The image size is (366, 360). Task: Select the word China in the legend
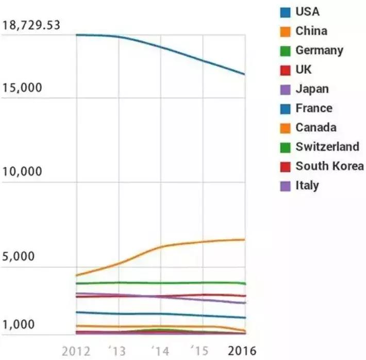[x=311, y=31]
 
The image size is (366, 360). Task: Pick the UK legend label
[x=304, y=70]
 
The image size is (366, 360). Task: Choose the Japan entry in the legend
[x=311, y=89]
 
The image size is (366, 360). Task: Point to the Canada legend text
[x=315, y=127]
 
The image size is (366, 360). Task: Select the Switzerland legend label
[x=327, y=146]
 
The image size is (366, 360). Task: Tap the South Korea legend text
[x=329, y=166]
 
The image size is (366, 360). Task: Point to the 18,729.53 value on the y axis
[x=31, y=26]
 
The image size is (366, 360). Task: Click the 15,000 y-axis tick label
[x=22, y=88]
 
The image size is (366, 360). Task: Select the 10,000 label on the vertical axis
[x=22, y=172]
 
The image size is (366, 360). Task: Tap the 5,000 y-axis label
[x=19, y=256]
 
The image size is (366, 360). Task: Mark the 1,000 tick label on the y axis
[x=19, y=325]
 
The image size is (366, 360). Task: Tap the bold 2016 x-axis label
[x=242, y=351]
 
